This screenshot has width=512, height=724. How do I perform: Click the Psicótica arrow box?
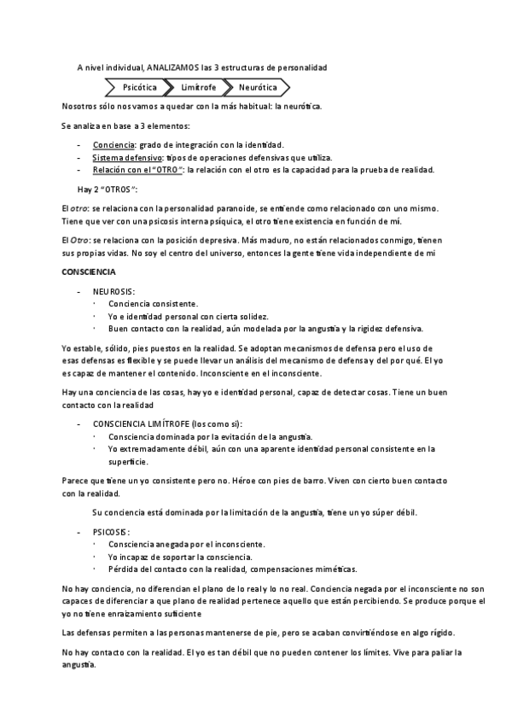139,87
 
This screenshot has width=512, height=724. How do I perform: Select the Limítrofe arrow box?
198,87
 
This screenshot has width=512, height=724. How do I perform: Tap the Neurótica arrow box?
257,87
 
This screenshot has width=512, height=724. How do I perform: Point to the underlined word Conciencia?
113,145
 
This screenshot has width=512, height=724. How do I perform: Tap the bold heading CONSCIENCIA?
90,271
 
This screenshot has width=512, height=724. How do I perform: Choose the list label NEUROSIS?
114,291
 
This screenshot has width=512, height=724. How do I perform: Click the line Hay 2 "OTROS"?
107,190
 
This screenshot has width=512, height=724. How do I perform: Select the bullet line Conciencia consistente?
154,303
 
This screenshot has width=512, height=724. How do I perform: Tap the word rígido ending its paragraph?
440,633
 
